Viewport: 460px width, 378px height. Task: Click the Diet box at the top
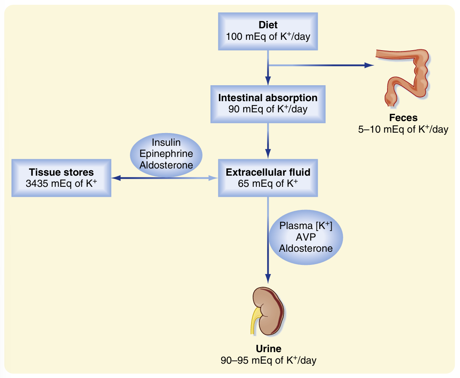[268, 31]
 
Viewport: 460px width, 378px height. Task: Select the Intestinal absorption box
[268, 103]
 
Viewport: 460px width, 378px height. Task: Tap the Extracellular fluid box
[268, 178]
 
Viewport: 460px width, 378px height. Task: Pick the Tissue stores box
[61, 178]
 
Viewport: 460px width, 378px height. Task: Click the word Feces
[403, 118]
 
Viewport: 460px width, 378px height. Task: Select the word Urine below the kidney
[268, 349]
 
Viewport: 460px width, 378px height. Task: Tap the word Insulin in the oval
[166, 143]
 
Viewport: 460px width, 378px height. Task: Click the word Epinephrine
[166, 154]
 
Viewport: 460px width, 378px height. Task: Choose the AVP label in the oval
[306, 237]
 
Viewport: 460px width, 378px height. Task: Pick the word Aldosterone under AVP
[306, 248]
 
